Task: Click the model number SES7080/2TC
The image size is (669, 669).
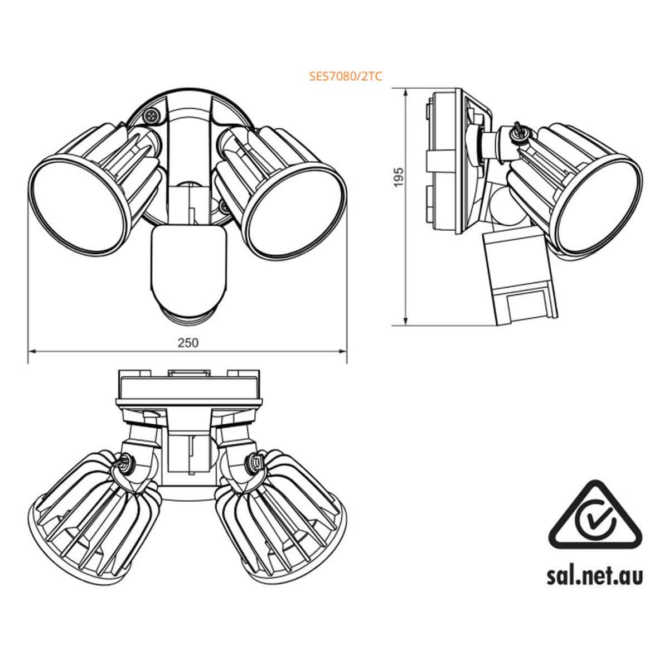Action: tap(346, 77)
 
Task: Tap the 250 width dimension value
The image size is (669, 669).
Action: tap(188, 342)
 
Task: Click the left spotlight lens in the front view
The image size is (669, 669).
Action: tap(77, 206)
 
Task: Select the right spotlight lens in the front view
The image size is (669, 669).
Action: tap(295, 206)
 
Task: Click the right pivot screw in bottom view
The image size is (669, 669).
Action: tap(255, 462)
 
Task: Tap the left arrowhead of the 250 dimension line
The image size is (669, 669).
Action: tap(32, 351)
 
